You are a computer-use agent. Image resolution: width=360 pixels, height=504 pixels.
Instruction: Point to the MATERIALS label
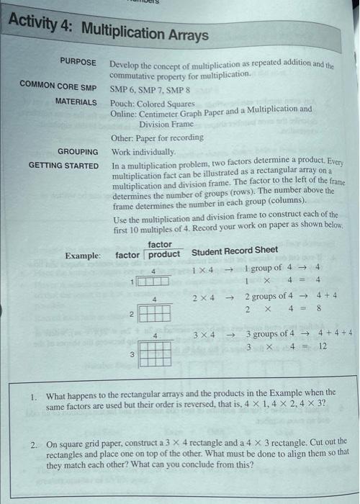(76, 102)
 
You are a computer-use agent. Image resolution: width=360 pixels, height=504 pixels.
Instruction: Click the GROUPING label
(78, 152)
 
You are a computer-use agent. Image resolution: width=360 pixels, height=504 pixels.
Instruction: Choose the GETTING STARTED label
(64, 166)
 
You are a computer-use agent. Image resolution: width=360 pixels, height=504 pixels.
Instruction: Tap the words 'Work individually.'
(143, 153)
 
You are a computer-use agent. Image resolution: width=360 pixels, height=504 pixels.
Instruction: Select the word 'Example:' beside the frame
(82, 256)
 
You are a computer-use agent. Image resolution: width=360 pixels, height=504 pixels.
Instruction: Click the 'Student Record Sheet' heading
(235, 251)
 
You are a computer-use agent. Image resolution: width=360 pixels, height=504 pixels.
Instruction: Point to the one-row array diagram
(154, 281)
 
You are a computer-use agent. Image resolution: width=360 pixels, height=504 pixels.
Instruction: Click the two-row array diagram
(155, 312)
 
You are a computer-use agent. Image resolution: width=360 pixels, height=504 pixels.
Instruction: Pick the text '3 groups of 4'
(270, 333)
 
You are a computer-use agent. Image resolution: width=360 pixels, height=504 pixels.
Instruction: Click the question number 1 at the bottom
(34, 396)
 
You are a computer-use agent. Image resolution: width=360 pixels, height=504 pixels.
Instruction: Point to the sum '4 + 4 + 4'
(336, 333)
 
